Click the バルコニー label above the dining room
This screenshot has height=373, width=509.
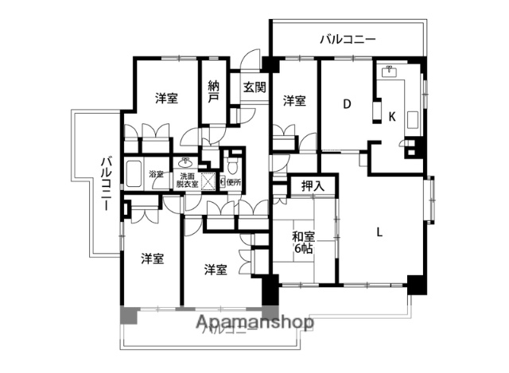coord(348,38)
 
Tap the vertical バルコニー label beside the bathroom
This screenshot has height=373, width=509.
coord(104,184)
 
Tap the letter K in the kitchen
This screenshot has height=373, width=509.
coord(391,116)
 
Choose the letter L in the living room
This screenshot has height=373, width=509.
coord(380,232)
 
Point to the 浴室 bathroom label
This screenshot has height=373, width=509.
coord(156,175)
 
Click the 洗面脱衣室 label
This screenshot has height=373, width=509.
coord(188,180)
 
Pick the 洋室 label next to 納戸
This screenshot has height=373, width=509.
coord(166,98)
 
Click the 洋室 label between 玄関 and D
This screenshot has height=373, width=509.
coord(294,100)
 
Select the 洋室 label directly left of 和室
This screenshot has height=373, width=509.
coord(216,269)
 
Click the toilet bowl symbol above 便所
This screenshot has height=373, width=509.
coord(231,165)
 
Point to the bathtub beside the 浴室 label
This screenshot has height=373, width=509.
coord(135,177)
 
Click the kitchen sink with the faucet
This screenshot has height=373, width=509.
coord(389,73)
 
